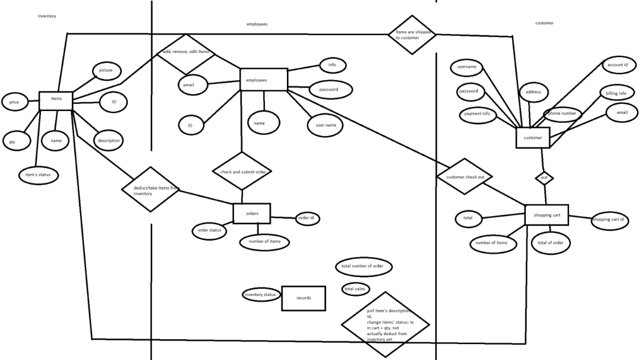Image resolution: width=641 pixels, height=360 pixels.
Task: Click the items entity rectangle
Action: click(56, 100)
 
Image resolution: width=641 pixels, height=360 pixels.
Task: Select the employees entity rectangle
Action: click(263, 80)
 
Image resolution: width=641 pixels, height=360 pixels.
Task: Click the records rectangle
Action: click(304, 298)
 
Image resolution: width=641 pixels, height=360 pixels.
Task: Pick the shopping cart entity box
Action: click(547, 215)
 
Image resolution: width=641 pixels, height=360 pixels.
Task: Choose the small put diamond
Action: click(544, 178)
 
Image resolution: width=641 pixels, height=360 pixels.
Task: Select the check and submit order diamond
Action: click(242, 172)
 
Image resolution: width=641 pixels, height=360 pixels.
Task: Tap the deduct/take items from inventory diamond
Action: click(150, 190)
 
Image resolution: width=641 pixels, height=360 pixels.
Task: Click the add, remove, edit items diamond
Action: click(186, 52)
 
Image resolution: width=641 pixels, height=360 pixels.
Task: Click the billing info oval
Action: click(616, 94)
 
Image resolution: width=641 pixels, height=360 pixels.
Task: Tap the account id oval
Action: click(618, 65)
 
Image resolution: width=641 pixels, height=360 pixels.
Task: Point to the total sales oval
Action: click(355, 289)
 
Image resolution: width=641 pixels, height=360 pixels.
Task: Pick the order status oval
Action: click(209, 230)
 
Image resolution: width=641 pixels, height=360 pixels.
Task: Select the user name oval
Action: click(326, 125)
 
